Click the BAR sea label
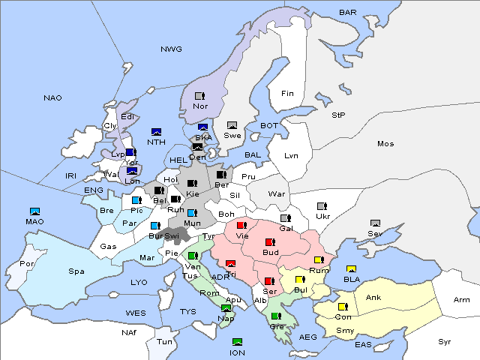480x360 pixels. (347, 13)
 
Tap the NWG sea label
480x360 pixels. (171, 49)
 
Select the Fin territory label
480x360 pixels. (287, 94)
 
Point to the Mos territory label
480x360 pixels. (385, 143)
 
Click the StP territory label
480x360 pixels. (338, 115)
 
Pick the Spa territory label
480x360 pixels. (76, 271)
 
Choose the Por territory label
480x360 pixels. (28, 264)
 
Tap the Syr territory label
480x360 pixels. (445, 341)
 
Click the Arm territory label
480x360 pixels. (461, 300)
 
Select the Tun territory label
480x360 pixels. (164, 341)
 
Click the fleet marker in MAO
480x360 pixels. (34, 211)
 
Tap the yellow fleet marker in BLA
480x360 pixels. (351, 269)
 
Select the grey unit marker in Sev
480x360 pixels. (375, 223)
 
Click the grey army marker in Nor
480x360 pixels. (199, 96)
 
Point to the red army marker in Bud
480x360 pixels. (270, 242)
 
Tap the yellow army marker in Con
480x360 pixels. (343, 307)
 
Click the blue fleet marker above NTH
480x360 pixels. (156, 132)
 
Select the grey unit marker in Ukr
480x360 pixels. (322, 206)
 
